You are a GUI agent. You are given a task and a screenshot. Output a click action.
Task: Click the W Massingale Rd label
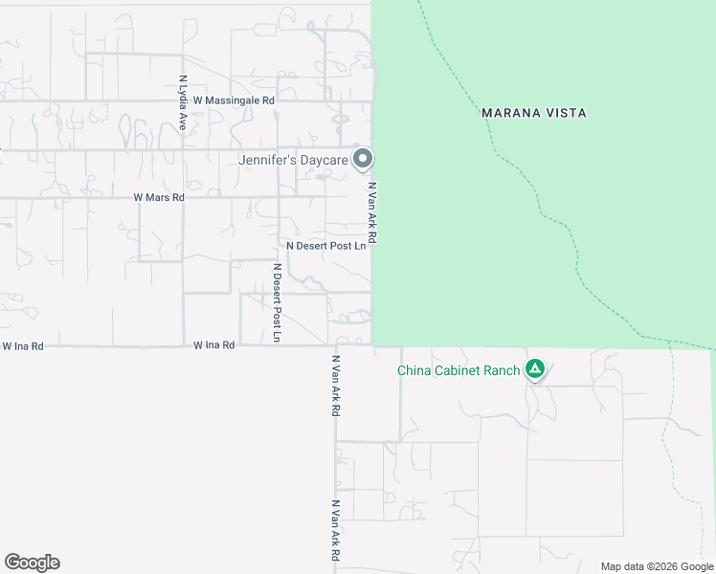click(x=234, y=99)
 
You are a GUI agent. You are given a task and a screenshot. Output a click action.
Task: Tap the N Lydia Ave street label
click(x=182, y=103)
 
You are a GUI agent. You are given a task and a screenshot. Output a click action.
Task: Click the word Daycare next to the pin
click(x=323, y=160)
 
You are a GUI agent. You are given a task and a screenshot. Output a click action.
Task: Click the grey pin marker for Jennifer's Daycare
click(x=362, y=158)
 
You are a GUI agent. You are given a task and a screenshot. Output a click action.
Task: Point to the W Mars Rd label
click(x=158, y=197)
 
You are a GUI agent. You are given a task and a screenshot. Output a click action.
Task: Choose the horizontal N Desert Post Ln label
click(x=325, y=246)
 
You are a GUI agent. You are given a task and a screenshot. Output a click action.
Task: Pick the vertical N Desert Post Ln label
click(x=277, y=303)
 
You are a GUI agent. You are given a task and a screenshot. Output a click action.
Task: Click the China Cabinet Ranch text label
click(x=459, y=370)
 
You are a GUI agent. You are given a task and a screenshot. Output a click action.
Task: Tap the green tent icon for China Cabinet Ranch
click(x=535, y=368)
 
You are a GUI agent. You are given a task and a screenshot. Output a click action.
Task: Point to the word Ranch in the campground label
click(x=503, y=370)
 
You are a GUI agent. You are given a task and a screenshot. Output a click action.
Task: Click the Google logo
click(x=32, y=563)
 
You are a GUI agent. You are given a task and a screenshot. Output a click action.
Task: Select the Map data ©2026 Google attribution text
click(x=656, y=566)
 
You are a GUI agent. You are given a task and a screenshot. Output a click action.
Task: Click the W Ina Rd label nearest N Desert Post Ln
click(x=213, y=345)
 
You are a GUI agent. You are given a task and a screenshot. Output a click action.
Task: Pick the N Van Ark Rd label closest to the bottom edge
click(x=336, y=531)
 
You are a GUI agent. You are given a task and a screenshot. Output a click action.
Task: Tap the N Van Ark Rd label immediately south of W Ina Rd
click(x=336, y=386)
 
